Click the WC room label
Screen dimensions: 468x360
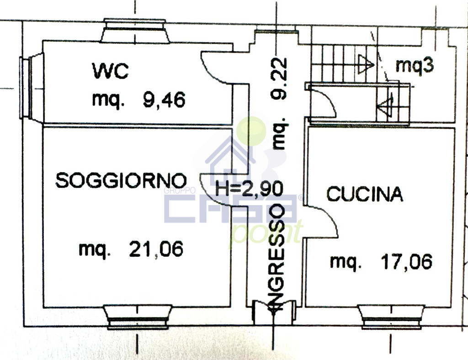(110, 71)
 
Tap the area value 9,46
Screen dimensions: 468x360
(164, 100)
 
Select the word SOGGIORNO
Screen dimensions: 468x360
(121, 180)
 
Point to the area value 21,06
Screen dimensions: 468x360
(156, 249)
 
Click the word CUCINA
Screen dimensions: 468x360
(365, 194)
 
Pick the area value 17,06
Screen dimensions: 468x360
(406, 262)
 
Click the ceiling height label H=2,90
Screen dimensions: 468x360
(249, 189)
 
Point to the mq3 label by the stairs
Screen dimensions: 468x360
(415, 66)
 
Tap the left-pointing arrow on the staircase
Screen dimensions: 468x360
(385, 105)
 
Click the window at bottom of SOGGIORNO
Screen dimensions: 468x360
(138, 317)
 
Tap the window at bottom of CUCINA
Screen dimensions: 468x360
(391, 317)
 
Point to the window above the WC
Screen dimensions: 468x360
(135, 31)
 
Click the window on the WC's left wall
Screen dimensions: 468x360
(32, 88)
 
